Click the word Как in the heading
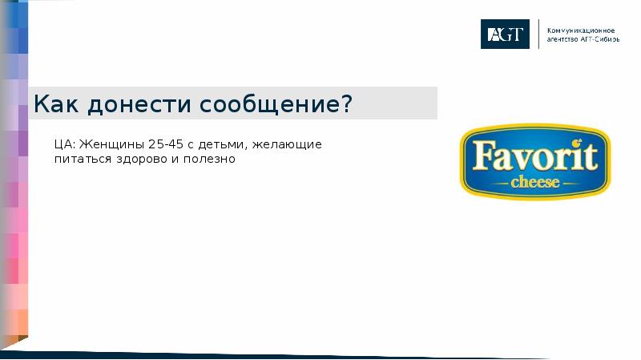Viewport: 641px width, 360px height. tap(58, 104)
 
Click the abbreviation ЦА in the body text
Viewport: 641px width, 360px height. tap(65, 144)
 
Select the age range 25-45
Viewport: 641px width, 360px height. tap(166, 144)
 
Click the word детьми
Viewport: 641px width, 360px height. tap(224, 144)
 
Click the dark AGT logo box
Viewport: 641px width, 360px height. tap(505, 34)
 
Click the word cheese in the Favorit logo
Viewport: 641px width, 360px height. tap(535, 182)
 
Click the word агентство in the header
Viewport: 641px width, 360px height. tap(561, 38)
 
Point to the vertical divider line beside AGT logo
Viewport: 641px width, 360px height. tap(538, 34)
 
